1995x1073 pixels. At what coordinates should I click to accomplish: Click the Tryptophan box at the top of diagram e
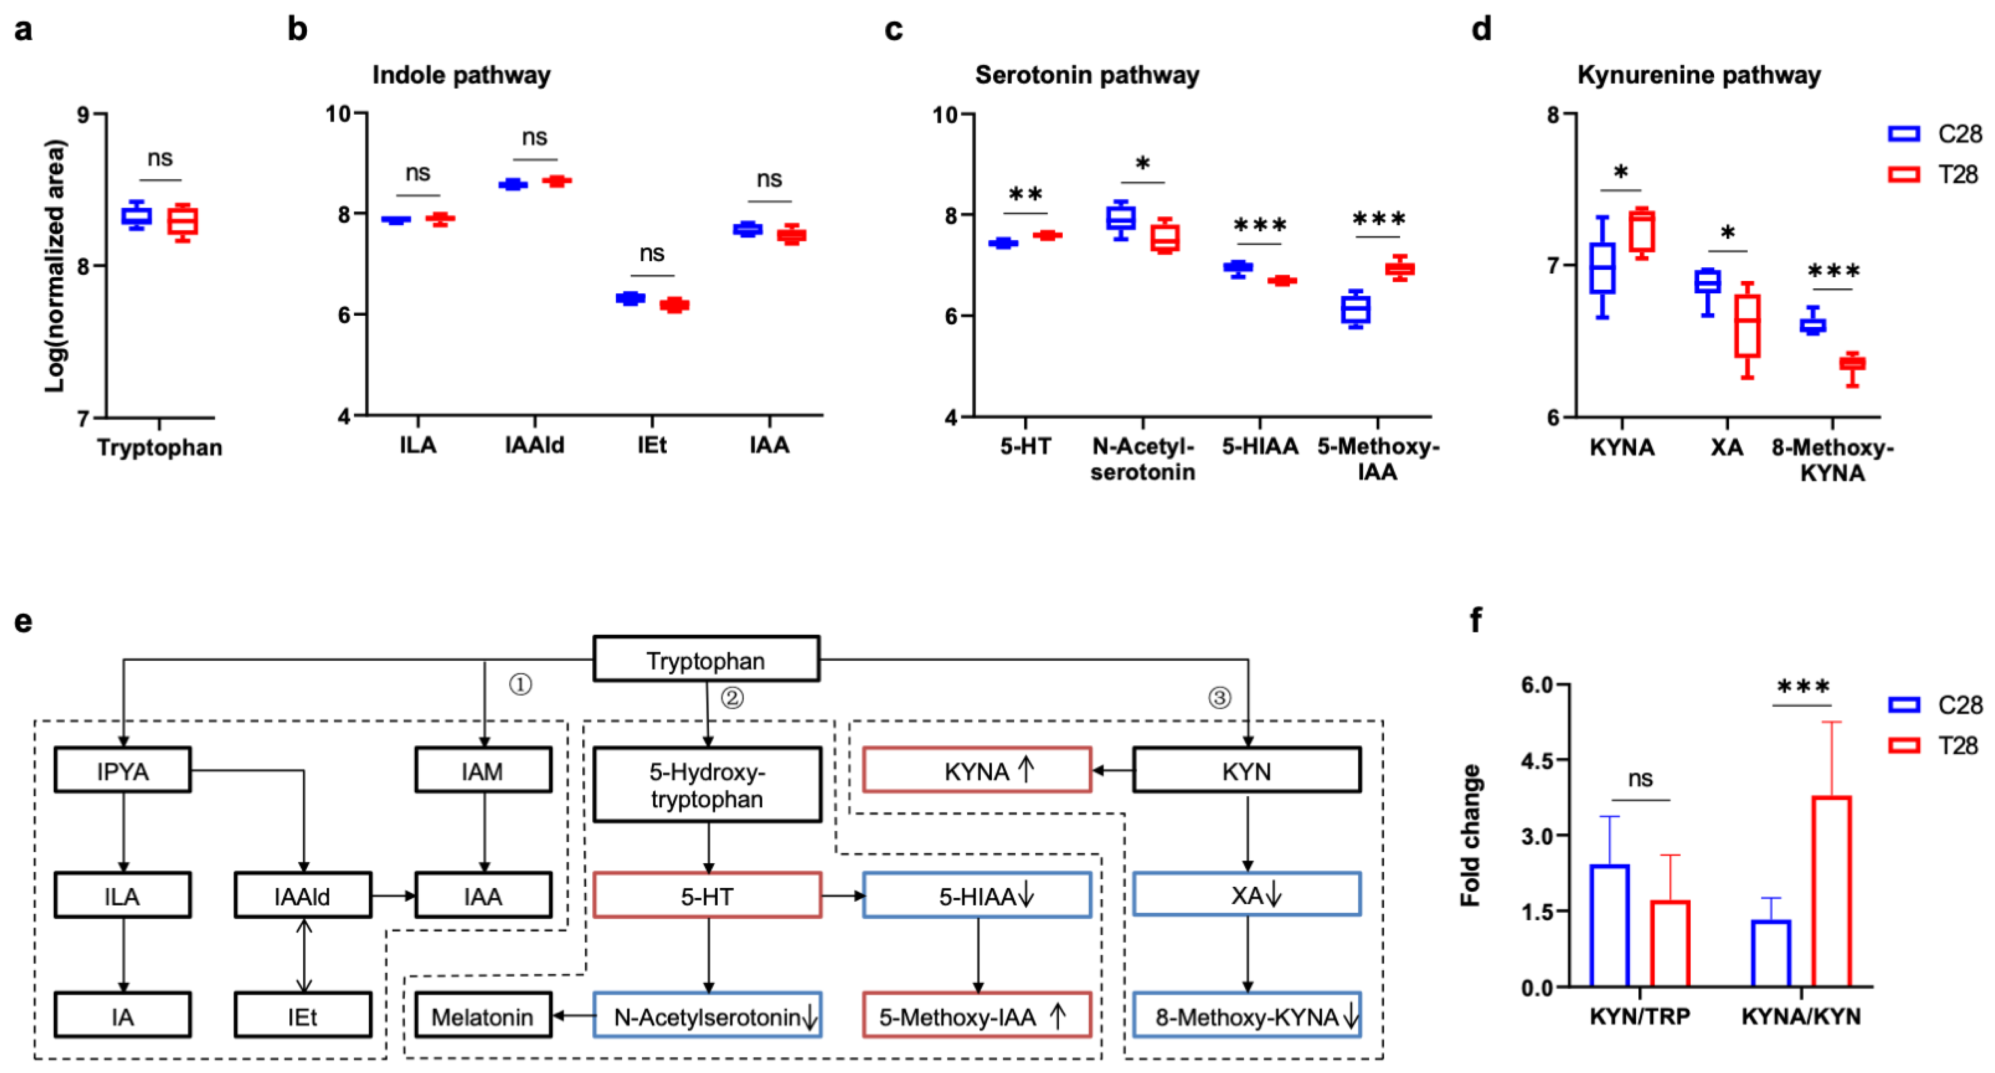click(706, 660)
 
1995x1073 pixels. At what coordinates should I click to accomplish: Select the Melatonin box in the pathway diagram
click(482, 1016)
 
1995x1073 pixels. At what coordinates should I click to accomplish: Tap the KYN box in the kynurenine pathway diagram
click(1246, 771)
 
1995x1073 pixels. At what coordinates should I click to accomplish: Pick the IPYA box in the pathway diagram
click(122, 771)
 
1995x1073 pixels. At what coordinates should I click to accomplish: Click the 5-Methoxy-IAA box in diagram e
click(976, 1016)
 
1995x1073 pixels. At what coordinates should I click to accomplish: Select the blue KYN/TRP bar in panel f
click(1610, 925)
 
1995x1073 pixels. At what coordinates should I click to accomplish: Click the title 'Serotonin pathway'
click(1087, 75)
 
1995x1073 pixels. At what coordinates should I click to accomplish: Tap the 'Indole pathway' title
click(462, 75)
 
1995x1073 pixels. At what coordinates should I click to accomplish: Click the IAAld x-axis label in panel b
click(534, 445)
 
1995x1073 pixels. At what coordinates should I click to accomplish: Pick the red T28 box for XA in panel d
click(1747, 326)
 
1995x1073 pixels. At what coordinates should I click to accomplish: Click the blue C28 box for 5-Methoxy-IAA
click(1355, 310)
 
